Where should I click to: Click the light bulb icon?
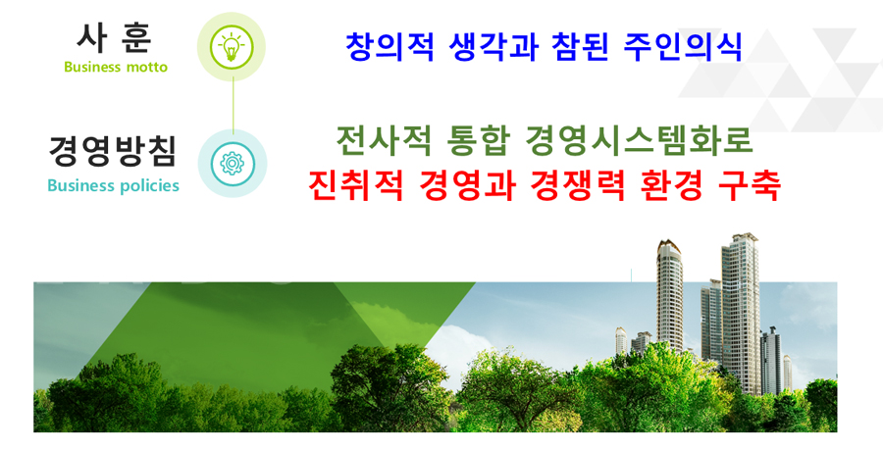coord(231,47)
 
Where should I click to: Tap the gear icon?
coord(232,163)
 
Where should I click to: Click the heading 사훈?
coord(115,38)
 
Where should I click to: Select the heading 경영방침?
coord(113,151)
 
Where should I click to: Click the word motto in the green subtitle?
coord(146,67)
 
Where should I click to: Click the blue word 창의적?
coord(390,46)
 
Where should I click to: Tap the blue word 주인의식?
coord(683,46)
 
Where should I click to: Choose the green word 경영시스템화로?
coord(639,140)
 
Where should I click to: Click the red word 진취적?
coord(356,184)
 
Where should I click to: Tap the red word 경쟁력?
coord(578,184)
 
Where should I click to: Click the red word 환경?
coord(672,184)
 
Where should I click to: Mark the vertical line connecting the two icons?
coord(233,105)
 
